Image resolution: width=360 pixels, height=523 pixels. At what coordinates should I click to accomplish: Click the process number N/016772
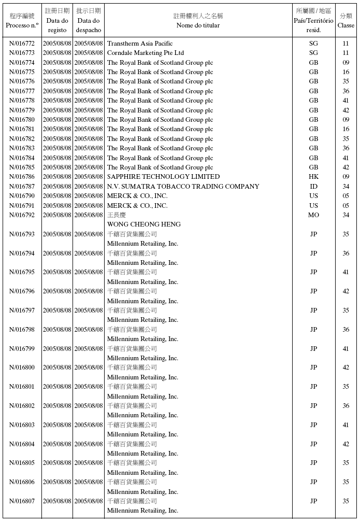[22, 44]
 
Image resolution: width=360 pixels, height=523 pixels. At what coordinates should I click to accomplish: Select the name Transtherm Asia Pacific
[140, 44]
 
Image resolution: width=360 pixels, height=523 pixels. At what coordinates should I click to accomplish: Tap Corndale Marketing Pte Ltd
[145, 53]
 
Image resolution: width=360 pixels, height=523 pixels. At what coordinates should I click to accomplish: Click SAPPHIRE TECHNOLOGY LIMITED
[163, 177]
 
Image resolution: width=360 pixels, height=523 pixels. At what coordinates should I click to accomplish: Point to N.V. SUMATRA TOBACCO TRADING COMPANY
[183, 187]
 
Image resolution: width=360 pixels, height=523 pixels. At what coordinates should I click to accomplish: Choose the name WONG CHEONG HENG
[143, 224]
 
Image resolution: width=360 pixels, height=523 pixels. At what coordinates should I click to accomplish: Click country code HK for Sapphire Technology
[313, 177]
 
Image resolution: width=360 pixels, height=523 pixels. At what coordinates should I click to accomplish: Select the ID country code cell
[313, 187]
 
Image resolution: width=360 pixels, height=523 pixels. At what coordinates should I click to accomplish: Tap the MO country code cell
[313, 215]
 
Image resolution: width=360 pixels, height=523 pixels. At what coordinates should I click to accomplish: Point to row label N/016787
[22, 187]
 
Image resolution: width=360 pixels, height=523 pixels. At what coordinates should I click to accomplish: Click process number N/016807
[22, 501]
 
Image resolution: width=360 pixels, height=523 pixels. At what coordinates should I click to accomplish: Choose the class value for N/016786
[346, 177]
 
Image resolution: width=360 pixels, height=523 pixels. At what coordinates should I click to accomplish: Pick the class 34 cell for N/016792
[346, 215]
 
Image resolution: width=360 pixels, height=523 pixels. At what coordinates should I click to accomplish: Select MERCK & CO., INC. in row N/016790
[137, 196]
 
